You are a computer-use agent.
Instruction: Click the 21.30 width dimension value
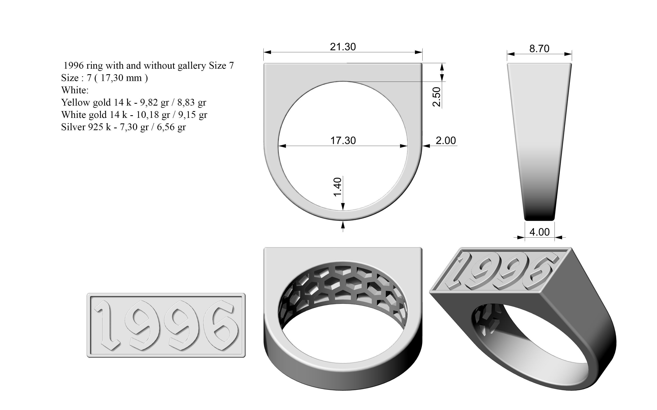point(343,47)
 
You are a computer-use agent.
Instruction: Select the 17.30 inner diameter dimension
point(343,140)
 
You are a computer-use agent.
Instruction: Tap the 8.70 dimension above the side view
point(539,49)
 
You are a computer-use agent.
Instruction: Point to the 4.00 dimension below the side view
point(539,232)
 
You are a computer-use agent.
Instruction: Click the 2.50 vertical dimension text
point(436,97)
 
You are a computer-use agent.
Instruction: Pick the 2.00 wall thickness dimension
point(446,140)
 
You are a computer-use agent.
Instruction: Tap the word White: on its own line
point(75,90)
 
